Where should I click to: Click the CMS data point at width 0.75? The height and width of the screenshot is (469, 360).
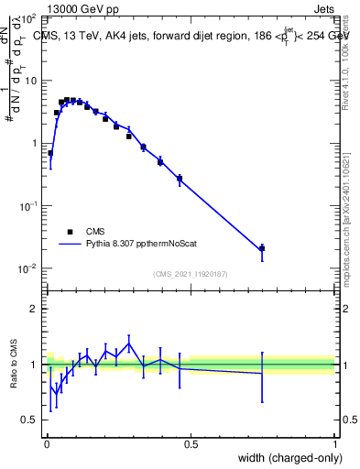pos(262,248)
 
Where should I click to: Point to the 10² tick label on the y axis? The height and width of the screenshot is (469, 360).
pos(28,18)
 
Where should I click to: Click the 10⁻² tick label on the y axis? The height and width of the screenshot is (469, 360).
pos(28,267)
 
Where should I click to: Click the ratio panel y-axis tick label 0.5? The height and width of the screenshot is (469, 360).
pos(31,420)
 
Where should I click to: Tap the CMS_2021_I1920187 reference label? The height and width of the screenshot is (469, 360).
pos(191,273)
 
